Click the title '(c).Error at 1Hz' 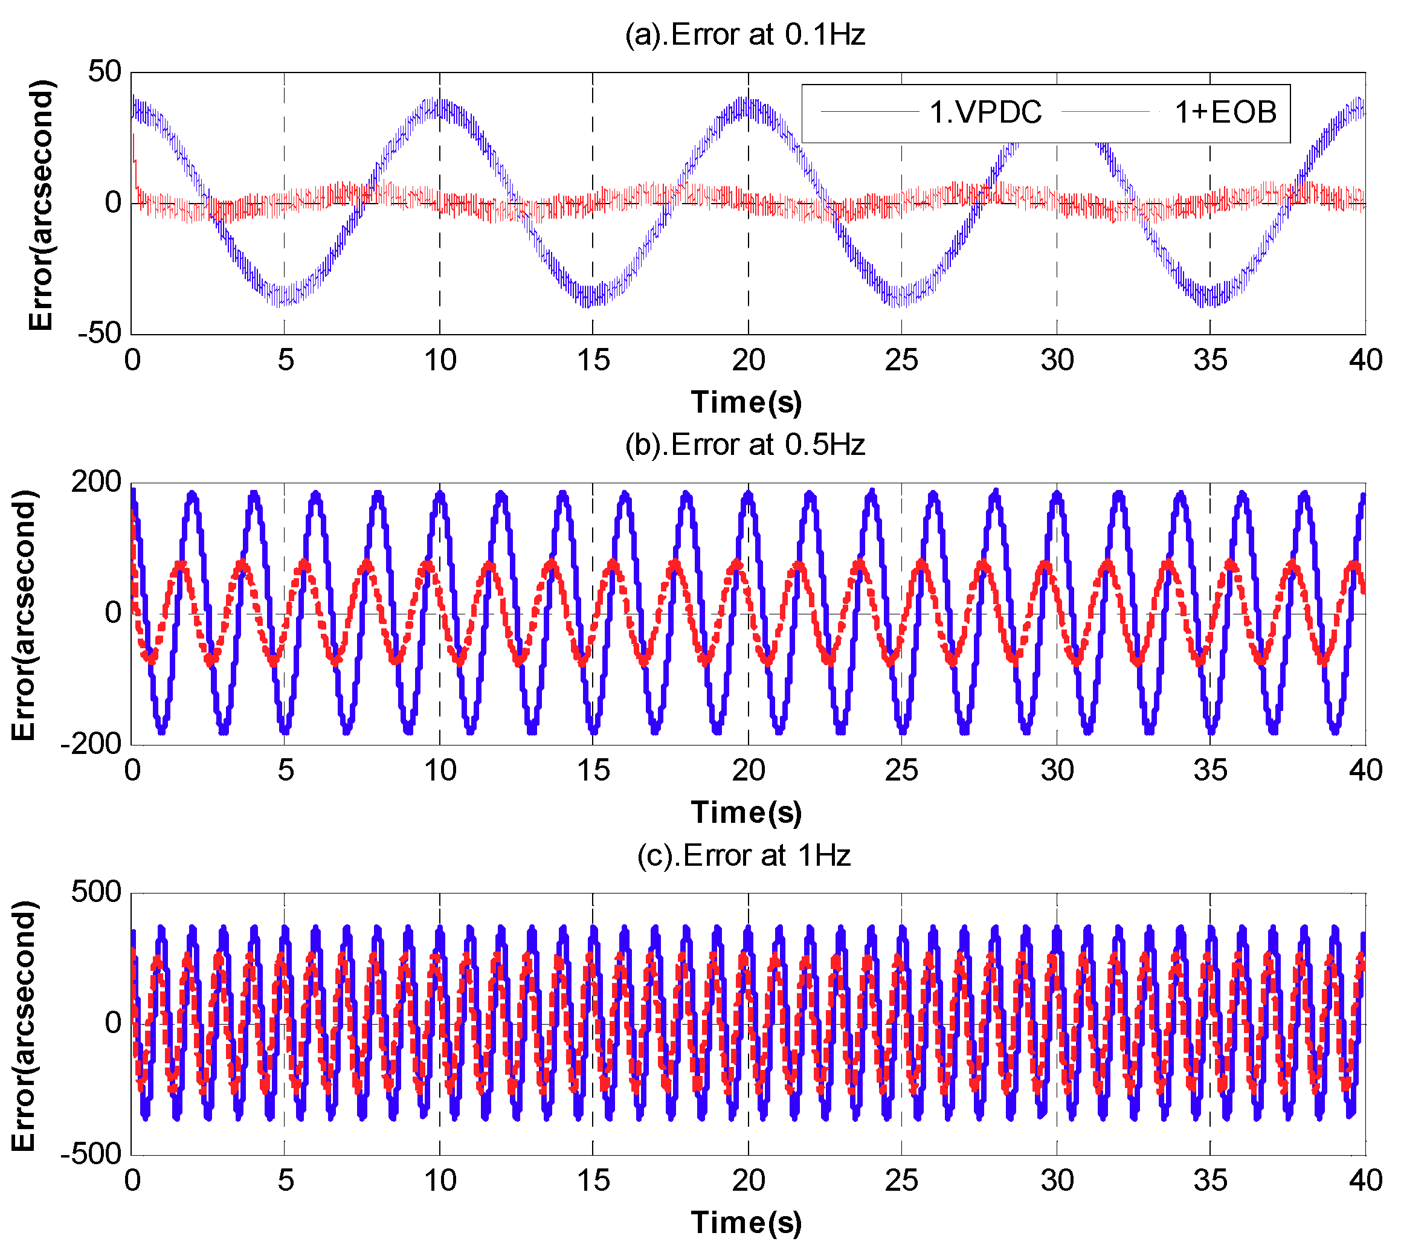(744, 855)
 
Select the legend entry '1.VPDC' (985, 112)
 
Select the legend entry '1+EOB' (1225, 112)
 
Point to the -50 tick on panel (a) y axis (100, 333)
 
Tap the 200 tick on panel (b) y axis (96, 481)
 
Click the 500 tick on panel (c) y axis (96, 892)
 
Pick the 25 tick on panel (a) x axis (901, 360)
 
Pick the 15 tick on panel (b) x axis (593, 770)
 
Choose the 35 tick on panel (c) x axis (1210, 1180)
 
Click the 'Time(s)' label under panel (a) (747, 402)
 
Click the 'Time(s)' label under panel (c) (747, 1222)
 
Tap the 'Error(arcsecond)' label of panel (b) (24, 614)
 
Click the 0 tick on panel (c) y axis (113, 1023)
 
